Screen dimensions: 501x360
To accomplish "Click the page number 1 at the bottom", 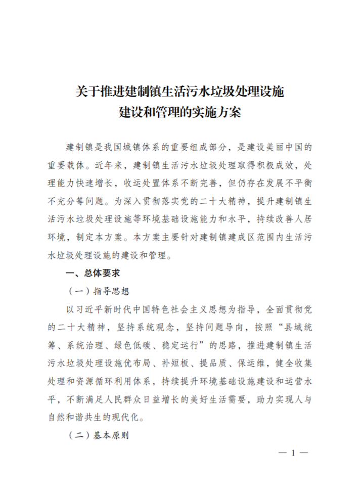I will pos(293,453).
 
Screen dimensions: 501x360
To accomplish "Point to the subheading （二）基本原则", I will pos(99,435).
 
